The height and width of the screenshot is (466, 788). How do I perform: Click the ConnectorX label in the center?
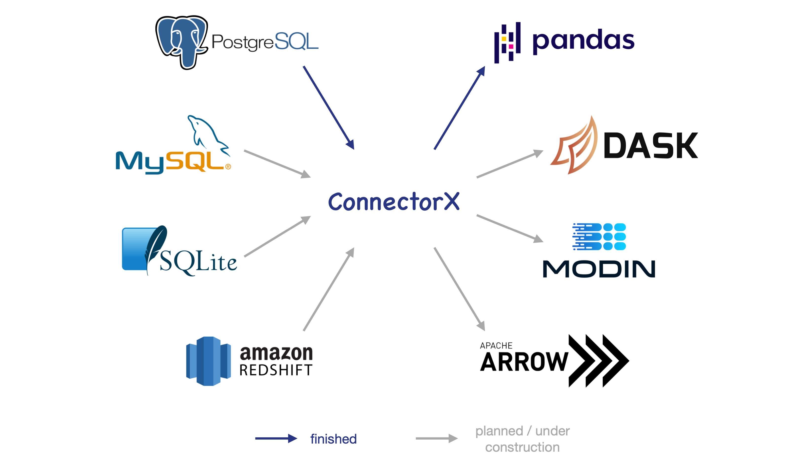tap(394, 202)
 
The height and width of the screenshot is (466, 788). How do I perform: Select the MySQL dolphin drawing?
tap(207, 134)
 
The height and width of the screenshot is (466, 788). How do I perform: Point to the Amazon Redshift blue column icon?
tap(209, 361)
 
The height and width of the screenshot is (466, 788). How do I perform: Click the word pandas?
tap(583, 41)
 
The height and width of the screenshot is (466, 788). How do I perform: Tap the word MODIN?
tap(599, 269)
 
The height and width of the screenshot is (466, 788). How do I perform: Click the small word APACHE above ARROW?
tap(496, 346)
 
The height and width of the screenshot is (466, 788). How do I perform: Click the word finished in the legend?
tap(333, 439)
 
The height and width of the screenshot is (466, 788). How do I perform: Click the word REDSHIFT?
tap(276, 370)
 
